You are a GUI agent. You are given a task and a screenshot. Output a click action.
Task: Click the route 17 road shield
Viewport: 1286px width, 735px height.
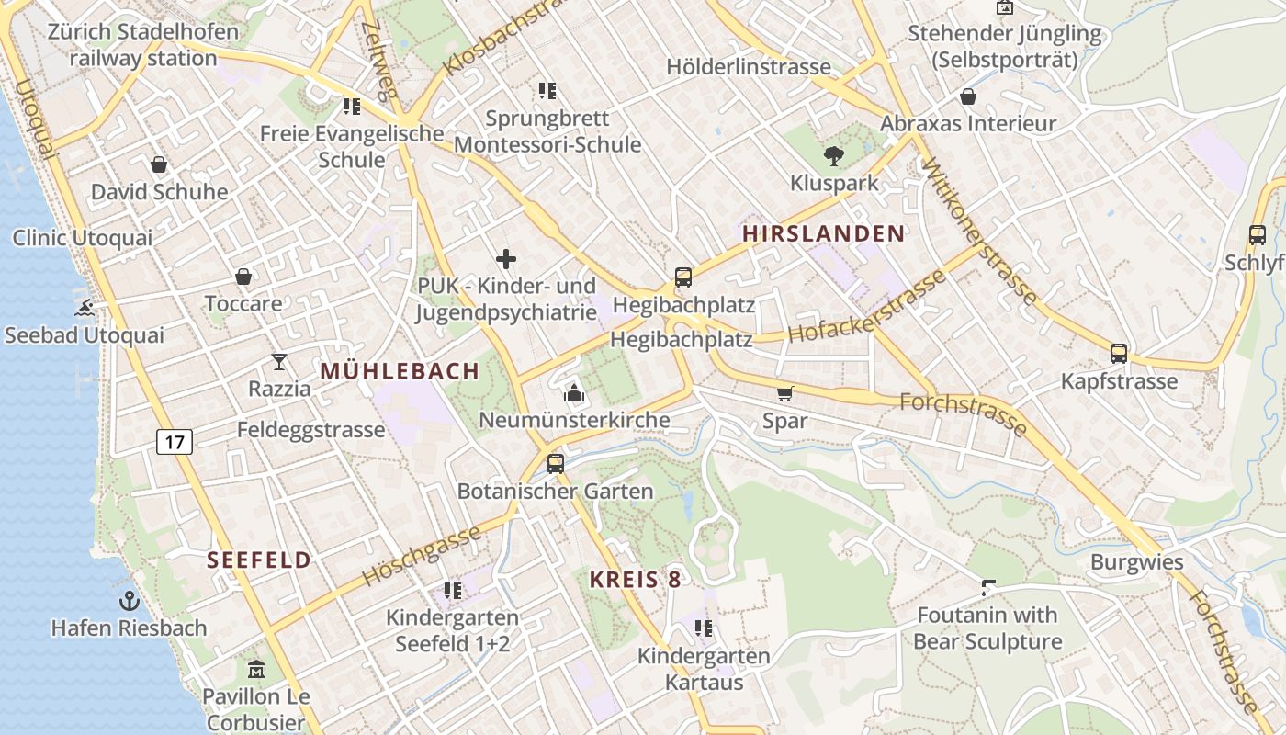[x=175, y=442]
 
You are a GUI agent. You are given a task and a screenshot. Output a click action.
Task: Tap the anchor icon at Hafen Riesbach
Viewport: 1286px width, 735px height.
[x=130, y=602]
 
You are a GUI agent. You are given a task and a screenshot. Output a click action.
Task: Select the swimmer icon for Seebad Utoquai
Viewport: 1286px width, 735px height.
[x=85, y=308]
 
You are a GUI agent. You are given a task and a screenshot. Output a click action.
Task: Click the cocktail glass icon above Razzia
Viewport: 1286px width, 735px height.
[x=279, y=362]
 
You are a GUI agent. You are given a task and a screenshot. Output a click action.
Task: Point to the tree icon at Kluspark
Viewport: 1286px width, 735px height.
[x=834, y=155]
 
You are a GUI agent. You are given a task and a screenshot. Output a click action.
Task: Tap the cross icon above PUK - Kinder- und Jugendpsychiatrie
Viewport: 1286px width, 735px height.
[x=505, y=259]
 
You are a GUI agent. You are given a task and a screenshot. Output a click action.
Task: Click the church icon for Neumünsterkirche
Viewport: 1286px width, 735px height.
[x=574, y=394]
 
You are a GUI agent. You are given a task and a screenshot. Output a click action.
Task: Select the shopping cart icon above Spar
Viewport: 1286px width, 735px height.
[x=784, y=394]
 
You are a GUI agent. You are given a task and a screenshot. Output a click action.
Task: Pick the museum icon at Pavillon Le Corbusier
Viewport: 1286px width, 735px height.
[x=256, y=668]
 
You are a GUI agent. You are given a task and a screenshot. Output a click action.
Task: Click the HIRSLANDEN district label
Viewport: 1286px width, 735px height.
[x=824, y=233]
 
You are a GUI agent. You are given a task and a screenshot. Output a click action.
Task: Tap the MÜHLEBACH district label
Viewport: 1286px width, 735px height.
[x=400, y=371]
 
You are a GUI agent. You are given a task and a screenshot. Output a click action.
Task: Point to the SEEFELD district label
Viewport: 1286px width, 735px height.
[x=259, y=560]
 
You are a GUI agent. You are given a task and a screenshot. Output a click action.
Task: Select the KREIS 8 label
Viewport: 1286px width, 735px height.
[x=636, y=579]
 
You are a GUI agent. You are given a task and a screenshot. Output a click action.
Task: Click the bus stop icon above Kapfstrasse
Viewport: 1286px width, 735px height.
[x=1119, y=354]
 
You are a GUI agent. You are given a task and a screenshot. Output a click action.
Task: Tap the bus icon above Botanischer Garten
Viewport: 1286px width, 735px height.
[x=555, y=464]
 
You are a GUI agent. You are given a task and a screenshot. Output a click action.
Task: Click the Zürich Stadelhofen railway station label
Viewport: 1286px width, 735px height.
[x=142, y=45]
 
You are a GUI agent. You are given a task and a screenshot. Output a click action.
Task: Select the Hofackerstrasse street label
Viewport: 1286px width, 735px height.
[x=866, y=307]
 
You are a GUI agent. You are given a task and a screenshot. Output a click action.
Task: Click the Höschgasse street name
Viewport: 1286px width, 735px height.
[x=422, y=556]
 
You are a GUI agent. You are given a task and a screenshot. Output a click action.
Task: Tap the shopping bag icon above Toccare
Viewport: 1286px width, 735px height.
[x=243, y=277]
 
